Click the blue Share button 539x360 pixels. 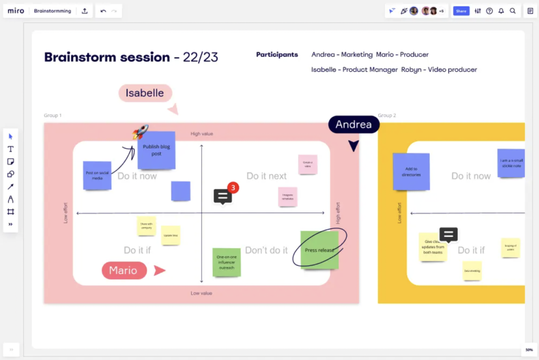[461, 11]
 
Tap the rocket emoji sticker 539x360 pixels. [140, 132]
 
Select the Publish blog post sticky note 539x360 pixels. [156, 150]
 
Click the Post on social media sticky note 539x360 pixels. [97, 176]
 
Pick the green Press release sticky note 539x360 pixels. [319, 250]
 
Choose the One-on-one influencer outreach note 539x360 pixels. [226, 262]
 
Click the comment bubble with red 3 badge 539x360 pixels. [223, 196]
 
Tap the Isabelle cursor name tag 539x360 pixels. [145, 93]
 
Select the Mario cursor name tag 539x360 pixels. [124, 270]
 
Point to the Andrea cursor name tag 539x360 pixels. [353, 124]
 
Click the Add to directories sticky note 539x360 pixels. [411, 171]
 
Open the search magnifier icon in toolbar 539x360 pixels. [512, 11]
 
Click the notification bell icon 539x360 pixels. [501, 11]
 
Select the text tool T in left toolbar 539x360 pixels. [11, 149]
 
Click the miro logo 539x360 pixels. [16, 11]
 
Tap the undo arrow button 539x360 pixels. [103, 11]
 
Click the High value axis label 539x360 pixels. [202, 134]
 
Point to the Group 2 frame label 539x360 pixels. [387, 115]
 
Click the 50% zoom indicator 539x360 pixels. [530, 350]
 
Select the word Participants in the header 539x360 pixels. [277, 55]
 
